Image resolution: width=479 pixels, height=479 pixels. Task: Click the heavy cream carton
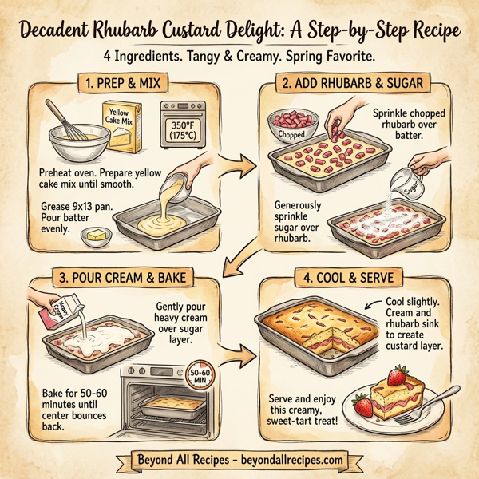pos(46,311)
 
